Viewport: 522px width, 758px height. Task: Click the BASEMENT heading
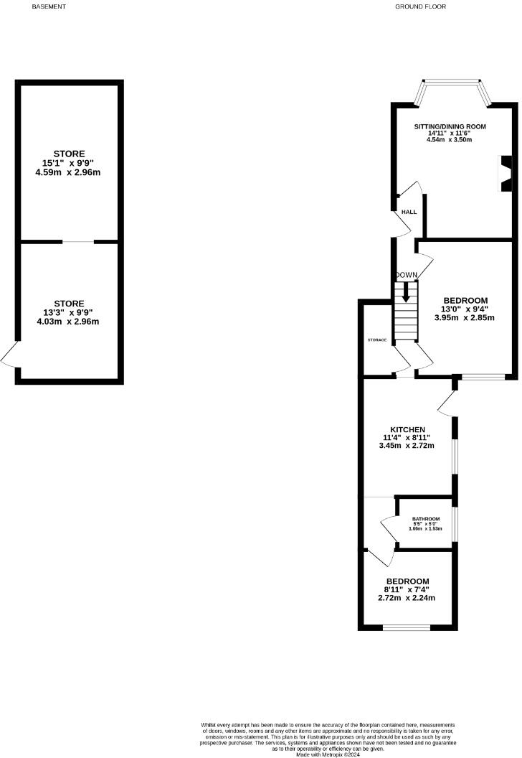tap(49, 6)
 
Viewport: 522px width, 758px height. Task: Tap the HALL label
tap(409, 212)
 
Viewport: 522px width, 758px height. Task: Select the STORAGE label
tap(377, 339)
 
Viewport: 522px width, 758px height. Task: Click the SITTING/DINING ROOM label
tap(450, 126)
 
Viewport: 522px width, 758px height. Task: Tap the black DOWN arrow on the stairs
tap(406, 291)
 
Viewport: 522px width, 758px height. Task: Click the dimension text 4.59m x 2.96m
tap(69, 172)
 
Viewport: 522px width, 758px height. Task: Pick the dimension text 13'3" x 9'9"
tap(69, 312)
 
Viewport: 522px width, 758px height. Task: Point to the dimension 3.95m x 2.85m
tap(465, 317)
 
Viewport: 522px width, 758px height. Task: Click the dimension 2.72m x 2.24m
tap(407, 598)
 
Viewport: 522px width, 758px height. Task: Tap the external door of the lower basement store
tap(10, 355)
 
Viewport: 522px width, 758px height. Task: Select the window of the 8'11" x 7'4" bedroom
tap(407, 627)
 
